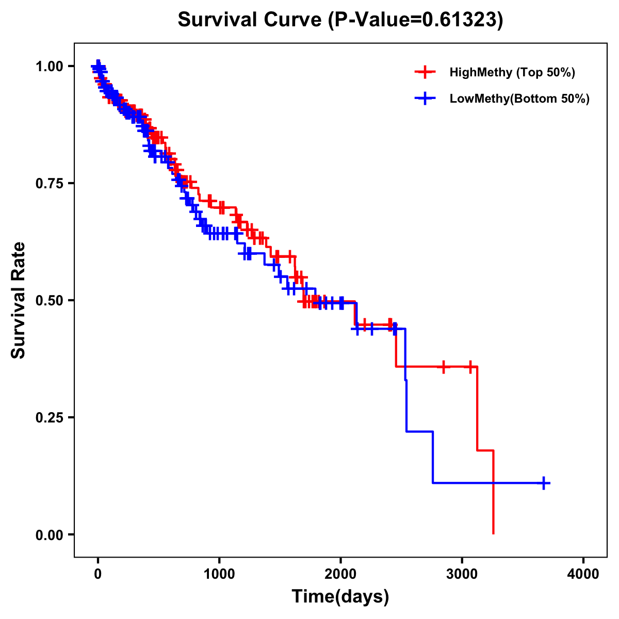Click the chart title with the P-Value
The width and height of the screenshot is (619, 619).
(x=340, y=20)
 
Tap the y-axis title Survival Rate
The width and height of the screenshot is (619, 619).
(x=19, y=300)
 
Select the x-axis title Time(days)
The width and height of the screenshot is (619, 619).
(x=340, y=597)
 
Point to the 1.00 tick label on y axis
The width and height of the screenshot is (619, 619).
(x=50, y=67)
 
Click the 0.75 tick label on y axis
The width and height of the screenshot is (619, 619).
(x=50, y=184)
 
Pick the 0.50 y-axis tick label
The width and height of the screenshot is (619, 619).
(x=50, y=301)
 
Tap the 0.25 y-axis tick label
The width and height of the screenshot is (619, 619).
(x=50, y=418)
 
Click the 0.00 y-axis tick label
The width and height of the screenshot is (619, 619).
(x=50, y=535)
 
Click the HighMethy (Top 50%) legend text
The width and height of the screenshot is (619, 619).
(x=512, y=73)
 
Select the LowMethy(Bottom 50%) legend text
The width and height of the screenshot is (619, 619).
(x=519, y=99)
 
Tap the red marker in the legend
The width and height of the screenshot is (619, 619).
(x=425, y=72)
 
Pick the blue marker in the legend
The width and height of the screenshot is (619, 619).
(x=425, y=99)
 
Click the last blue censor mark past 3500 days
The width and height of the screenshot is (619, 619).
(x=544, y=483)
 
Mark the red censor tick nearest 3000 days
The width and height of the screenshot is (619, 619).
(x=470, y=367)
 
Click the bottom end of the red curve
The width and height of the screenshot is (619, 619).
(x=494, y=533)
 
